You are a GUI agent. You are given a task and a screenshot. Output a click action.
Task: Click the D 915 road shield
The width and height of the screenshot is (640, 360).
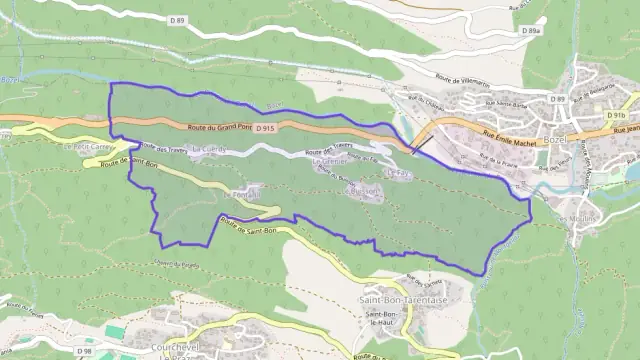pyautogui.click(x=265, y=129)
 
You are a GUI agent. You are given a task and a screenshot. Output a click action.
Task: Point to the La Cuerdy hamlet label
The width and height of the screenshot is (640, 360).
pyautogui.click(x=210, y=150)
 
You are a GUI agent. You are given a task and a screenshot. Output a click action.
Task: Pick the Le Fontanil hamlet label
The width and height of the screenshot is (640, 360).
pyautogui.click(x=243, y=190)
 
